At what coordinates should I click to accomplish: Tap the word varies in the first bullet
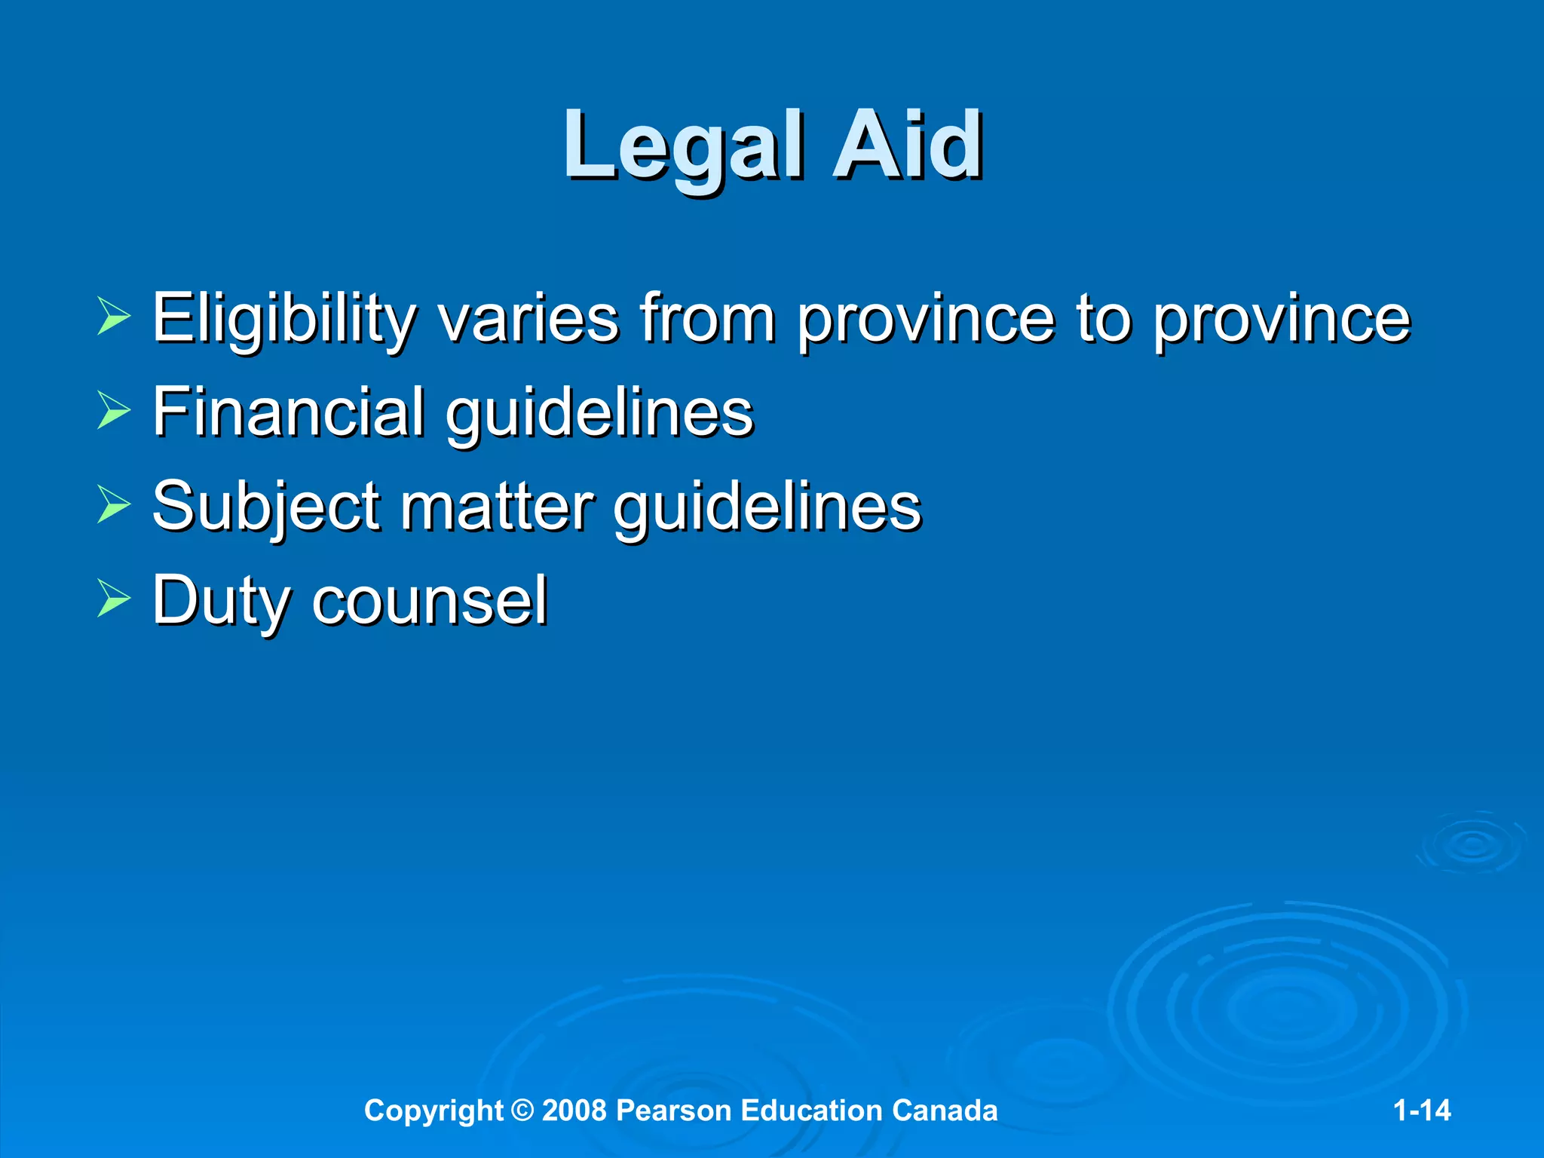pyautogui.click(x=528, y=320)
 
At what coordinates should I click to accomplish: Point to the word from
pyautogui.click(x=708, y=318)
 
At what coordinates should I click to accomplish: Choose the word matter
pyautogui.click(x=497, y=507)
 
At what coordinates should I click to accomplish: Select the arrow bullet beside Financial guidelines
pyautogui.click(x=114, y=412)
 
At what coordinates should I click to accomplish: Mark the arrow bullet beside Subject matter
pyautogui.click(x=114, y=506)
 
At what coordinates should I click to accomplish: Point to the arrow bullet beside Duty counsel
pyautogui.click(x=114, y=600)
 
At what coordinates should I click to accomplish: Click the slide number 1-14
pyautogui.click(x=1421, y=1111)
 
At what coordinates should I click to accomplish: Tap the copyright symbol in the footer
pyautogui.click(x=522, y=1111)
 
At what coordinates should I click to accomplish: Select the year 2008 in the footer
pyautogui.click(x=574, y=1111)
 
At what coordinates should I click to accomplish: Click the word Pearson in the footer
pyautogui.click(x=673, y=1111)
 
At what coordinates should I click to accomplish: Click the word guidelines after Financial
pyautogui.click(x=600, y=413)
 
